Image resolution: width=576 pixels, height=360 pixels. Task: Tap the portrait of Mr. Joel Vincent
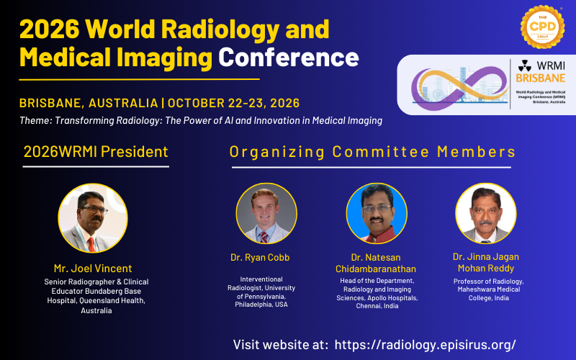click(x=93, y=218)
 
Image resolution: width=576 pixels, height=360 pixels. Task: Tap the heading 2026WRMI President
click(x=96, y=151)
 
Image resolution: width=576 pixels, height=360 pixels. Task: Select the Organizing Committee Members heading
click(x=372, y=151)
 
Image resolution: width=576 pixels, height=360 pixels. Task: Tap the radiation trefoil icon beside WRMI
click(x=524, y=66)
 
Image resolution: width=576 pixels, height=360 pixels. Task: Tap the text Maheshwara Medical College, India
click(x=487, y=294)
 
